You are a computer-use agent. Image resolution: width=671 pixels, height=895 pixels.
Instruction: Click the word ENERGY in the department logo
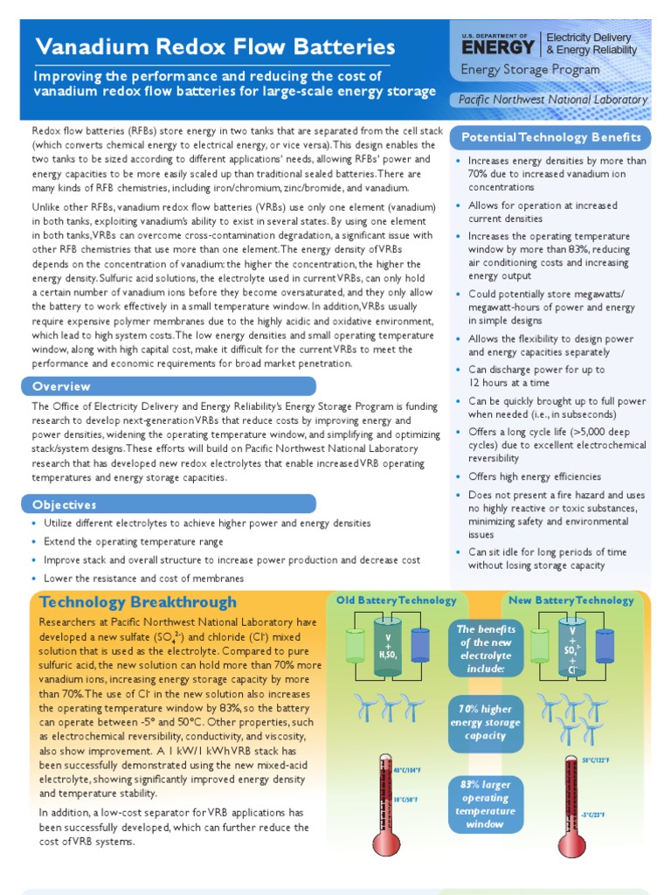pos(498,46)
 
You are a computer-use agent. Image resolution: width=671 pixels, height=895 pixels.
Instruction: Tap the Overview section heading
pos(61,386)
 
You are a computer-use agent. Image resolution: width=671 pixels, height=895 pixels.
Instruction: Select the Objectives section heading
pos(65,504)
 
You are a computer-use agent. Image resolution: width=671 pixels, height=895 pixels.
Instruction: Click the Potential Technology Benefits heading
pos(550,138)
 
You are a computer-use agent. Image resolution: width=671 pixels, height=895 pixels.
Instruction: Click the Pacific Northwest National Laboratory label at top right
pos(553,100)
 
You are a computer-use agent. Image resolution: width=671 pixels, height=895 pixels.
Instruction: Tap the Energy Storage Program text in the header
pos(529,70)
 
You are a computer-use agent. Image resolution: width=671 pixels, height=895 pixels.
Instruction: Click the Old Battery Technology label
pos(397,600)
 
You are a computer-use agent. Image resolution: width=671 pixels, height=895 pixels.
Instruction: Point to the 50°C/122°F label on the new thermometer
pos(597,760)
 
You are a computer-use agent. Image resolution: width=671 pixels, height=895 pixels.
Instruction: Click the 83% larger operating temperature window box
pos(485,804)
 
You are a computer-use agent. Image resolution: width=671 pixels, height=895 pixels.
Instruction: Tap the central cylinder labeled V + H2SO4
pos(387,647)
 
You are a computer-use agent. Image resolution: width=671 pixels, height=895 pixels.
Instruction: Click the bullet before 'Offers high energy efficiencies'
pos(460,477)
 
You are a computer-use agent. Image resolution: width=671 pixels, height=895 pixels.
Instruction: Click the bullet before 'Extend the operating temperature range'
pos(34,542)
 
